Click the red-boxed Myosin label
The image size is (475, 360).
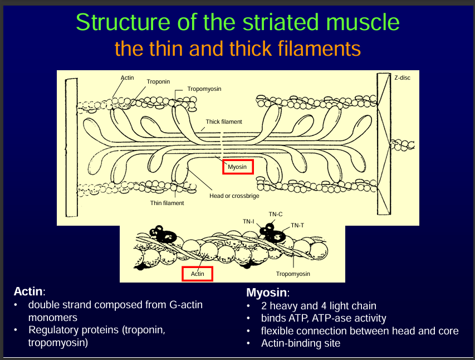tap(238, 167)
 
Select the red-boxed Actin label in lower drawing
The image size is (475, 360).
tap(198, 274)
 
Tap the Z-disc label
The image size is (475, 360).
tap(402, 78)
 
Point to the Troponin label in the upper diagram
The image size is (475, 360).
tap(159, 82)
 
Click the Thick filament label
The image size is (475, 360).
tap(224, 121)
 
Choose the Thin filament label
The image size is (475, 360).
tap(167, 203)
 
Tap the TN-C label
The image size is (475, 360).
tap(276, 214)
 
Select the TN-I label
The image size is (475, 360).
tap(248, 221)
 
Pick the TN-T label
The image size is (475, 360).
tap(297, 225)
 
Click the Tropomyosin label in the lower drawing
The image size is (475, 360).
tap(293, 274)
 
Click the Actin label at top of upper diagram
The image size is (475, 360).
tap(128, 77)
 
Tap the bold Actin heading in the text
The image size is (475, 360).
tap(28, 291)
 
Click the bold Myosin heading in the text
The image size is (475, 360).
tap(267, 293)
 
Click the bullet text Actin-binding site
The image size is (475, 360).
tap(301, 343)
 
